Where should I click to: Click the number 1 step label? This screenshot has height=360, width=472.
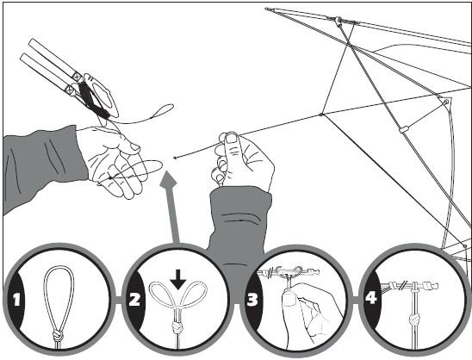[16, 300]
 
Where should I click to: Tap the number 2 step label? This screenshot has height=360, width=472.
[134, 299]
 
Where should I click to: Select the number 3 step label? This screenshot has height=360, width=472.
[252, 299]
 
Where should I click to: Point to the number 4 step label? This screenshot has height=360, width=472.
[371, 297]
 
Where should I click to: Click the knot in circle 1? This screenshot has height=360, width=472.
[58, 334]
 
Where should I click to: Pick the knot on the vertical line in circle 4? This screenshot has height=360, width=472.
[415, 318]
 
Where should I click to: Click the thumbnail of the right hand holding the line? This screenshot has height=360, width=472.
[232, 139]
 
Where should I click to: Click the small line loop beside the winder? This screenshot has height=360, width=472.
[162, 110]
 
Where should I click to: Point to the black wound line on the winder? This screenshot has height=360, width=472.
[92, 97]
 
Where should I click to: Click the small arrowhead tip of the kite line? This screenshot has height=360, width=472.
[175, 158]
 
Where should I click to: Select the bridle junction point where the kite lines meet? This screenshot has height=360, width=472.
[321, 115]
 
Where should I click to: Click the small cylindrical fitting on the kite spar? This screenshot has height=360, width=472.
[403, 129]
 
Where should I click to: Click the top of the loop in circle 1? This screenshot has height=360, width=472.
[59, 267]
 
